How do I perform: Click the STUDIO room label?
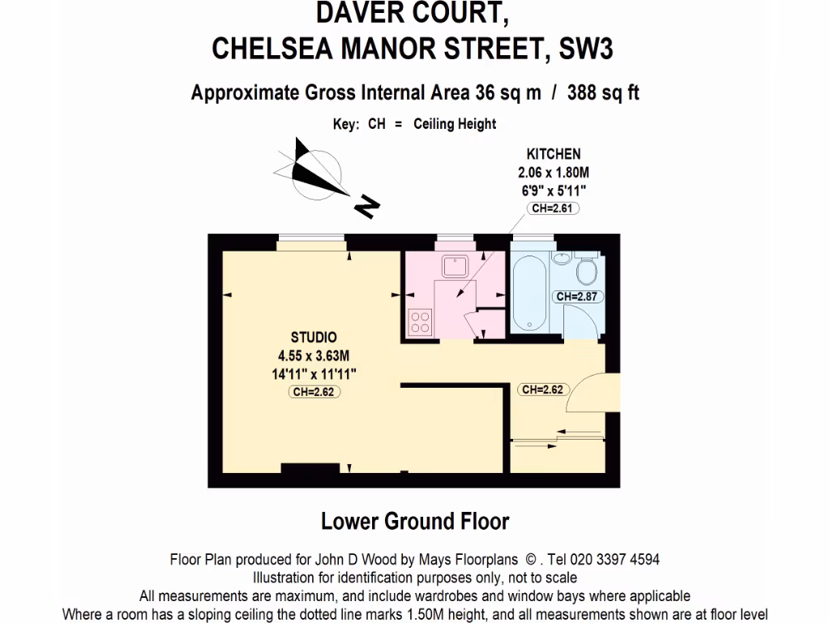(314, 337)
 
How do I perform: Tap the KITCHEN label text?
(554, 153)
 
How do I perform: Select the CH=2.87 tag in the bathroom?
(576, 296)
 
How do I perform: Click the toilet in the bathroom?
(587, 268)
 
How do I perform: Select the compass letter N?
(366, 207)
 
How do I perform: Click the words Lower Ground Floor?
(415, 521)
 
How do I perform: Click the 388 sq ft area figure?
(603, 92)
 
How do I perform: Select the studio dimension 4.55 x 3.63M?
(314, 355)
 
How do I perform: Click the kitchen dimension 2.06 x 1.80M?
(554, 172)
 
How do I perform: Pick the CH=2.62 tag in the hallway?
(542, 389)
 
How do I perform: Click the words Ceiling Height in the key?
(455, 124)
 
